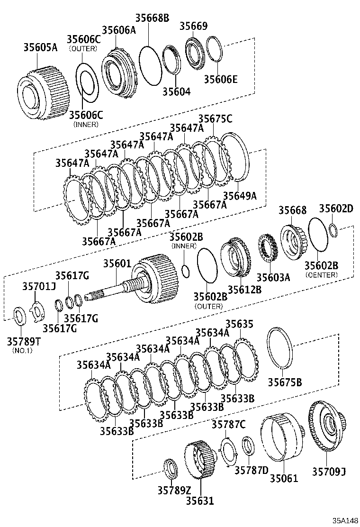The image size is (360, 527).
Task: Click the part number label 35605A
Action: point(40,47)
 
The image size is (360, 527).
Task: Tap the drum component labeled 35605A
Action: point(40,93)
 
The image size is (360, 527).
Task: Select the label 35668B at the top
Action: point(152,18)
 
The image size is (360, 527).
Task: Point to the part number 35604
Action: point(176,91)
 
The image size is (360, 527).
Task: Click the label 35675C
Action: point(215,119)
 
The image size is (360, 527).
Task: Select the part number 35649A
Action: point(240,195)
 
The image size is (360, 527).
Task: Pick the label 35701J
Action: point(39,286)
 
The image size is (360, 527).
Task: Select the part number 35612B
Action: point(244,290)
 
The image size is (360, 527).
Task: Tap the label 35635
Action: point(239,324)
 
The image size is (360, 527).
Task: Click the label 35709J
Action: point(329,471)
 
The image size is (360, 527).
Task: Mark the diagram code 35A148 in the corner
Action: point(345,520)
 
